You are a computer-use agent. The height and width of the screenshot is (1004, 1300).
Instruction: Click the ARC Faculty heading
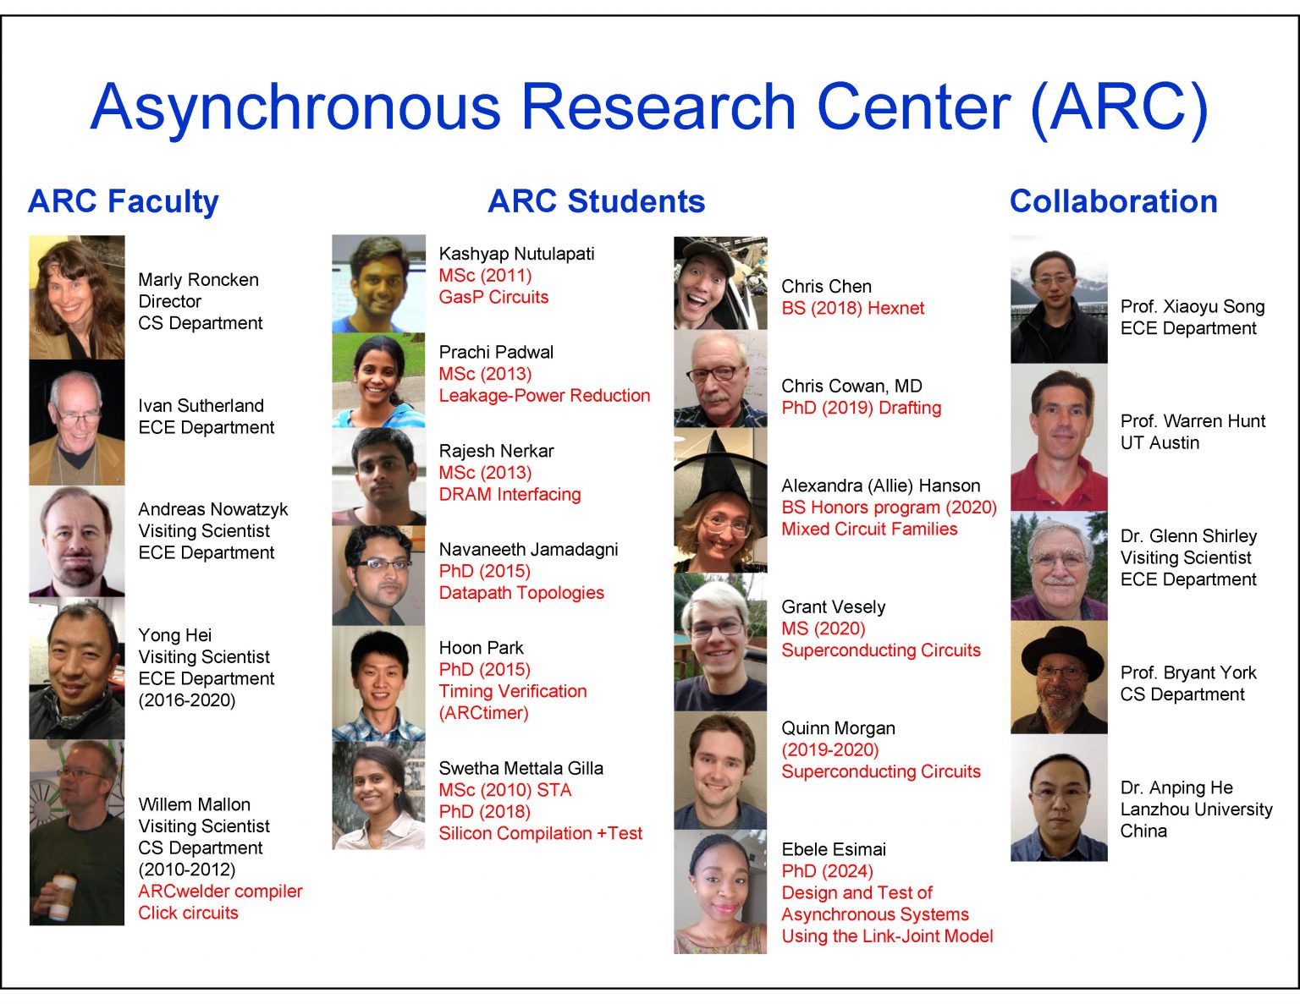[x=124, y=202]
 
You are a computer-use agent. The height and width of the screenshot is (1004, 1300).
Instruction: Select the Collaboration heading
[x=1113, y=202]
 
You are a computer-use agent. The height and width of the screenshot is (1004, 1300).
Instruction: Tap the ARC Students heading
[x=596, y=202]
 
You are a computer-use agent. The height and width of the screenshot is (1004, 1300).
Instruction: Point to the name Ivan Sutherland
[x=201, y=406]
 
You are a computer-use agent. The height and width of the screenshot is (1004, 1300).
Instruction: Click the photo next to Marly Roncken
[x=77, y=297]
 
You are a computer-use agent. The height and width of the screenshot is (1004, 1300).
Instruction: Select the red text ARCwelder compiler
[x=220, y=892]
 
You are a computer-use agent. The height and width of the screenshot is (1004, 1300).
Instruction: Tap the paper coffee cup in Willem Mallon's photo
[x=61, y=897]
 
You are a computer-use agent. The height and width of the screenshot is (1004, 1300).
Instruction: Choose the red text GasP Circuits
[x=493, y=298]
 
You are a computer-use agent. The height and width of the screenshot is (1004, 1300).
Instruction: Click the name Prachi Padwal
[x=496, y=353]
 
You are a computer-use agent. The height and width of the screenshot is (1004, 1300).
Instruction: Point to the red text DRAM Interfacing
[x=510, y=495]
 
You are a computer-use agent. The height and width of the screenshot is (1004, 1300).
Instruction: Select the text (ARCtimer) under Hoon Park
[x=483, y=713]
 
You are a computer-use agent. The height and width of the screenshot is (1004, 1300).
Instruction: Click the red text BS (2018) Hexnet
[x=852, y=309]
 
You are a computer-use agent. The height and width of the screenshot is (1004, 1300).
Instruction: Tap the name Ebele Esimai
[x=834, y=849]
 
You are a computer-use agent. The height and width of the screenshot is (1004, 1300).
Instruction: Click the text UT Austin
[x=1160, y=443]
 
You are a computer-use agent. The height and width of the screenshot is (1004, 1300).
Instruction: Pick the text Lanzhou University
[x=1196, y=809]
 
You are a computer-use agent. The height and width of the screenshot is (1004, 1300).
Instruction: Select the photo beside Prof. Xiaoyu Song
[x=1059, y=302]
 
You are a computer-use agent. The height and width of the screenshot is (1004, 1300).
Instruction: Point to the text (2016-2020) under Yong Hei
[x=187, y=700]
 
